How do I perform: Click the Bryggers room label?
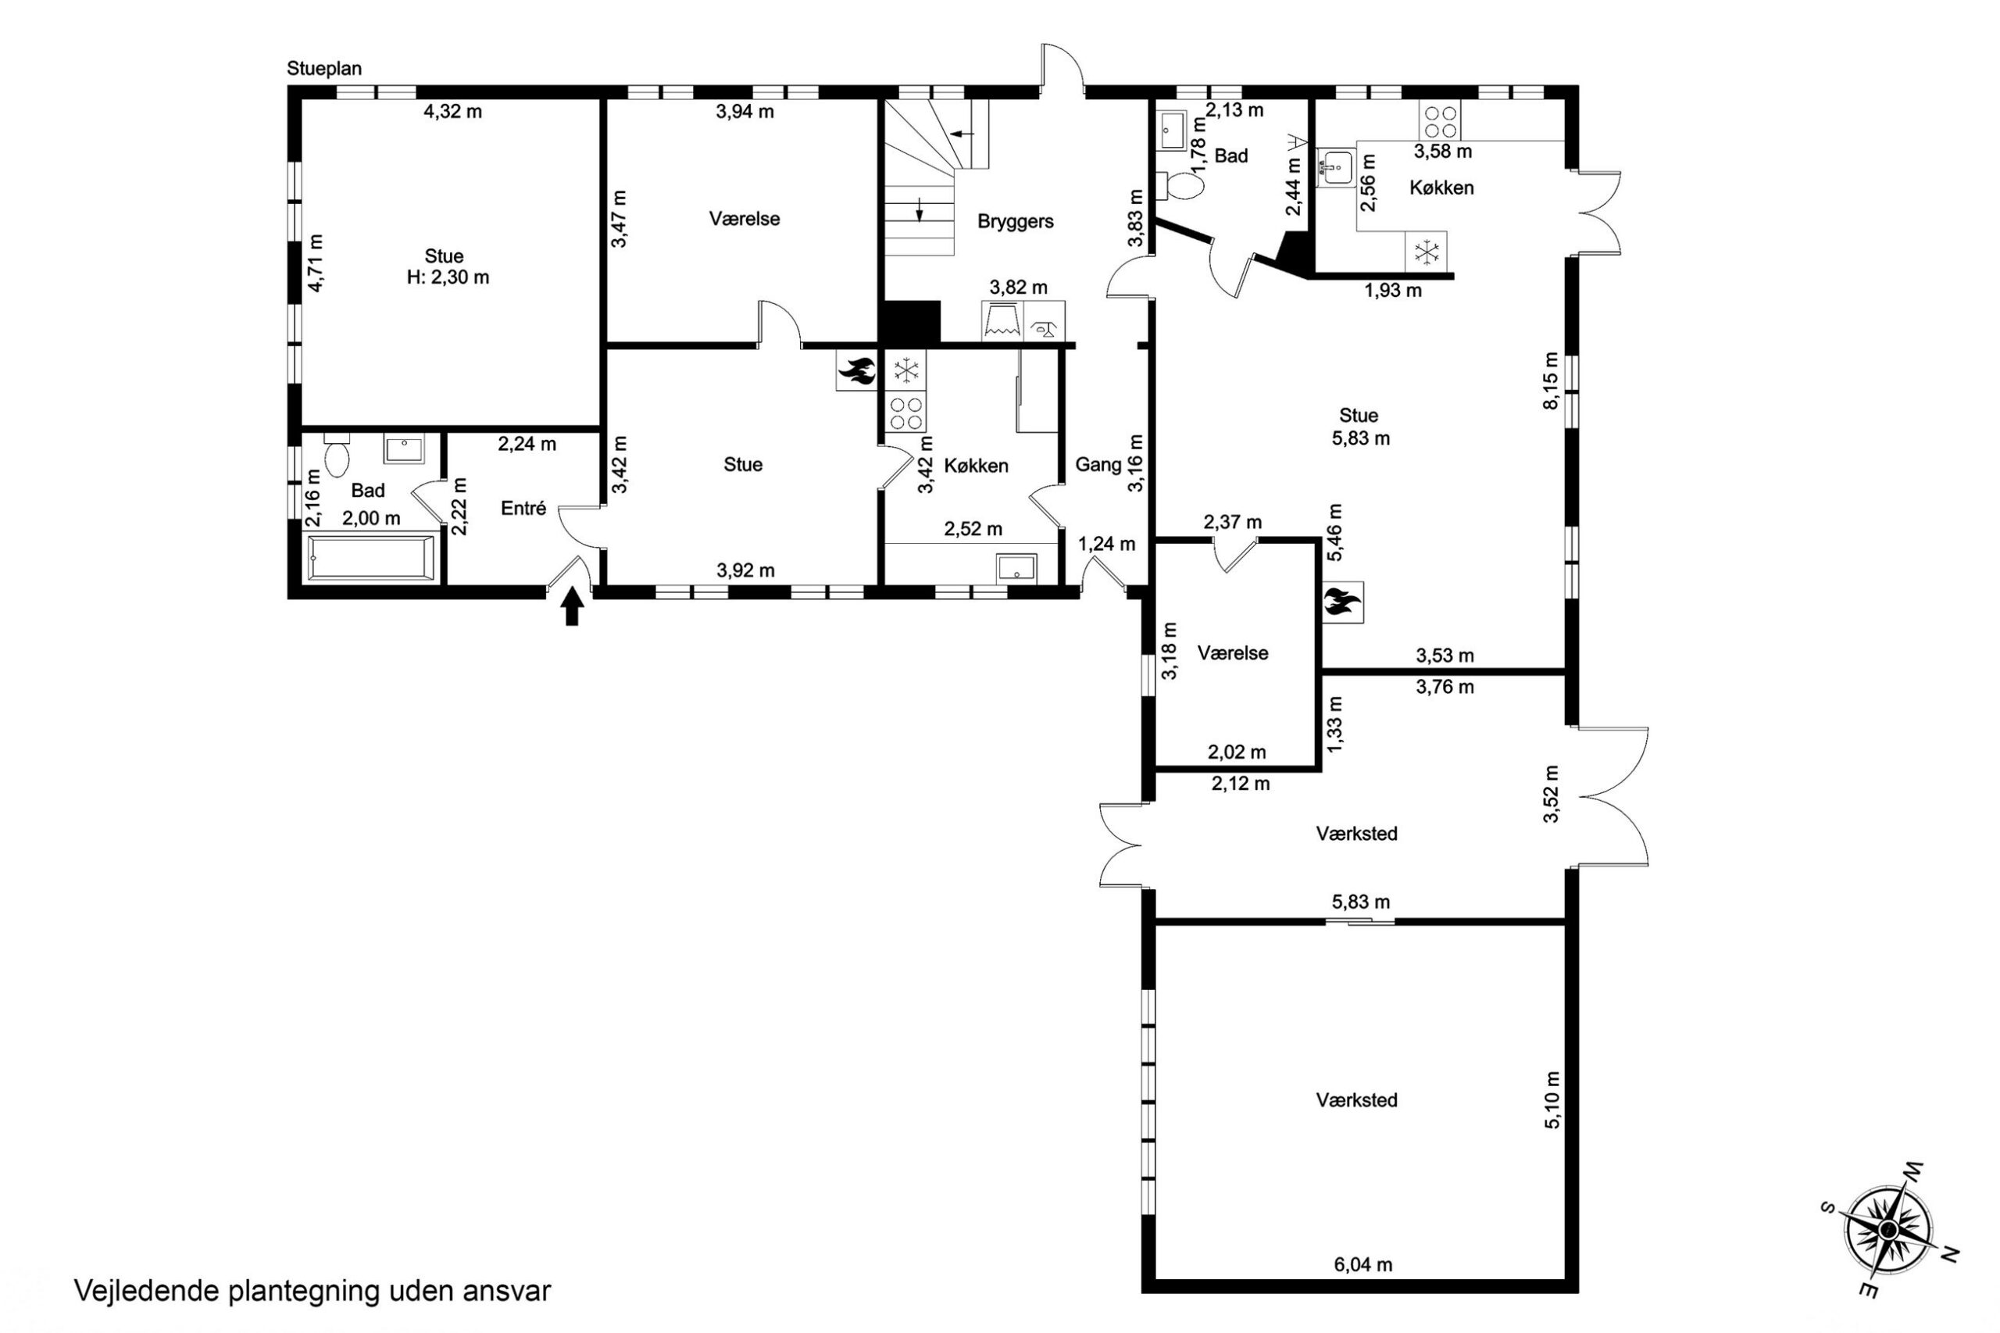tap(1015, 222)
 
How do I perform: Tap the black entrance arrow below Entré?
tap(572, 606)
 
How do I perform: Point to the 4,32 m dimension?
tap(453, 112)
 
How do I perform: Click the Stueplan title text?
tap(324, 69)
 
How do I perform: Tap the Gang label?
tap(1098, 465)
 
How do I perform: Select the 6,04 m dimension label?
tap(1363, 1288)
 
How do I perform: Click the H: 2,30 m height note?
tap(448, 277)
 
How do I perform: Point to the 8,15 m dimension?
tap(1552, 380)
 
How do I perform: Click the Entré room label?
tap(523, 509)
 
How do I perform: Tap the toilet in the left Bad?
tap(337, 456)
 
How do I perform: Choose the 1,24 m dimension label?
tap(1107, 544)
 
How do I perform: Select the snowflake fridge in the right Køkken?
tap(1427, 252)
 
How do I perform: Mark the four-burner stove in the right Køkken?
tap(1439, 120)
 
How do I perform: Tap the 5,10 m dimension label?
tap(1552, 1099)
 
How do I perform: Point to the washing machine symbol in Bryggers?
tap(1003, 321)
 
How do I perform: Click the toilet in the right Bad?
tap(1179, 186)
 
